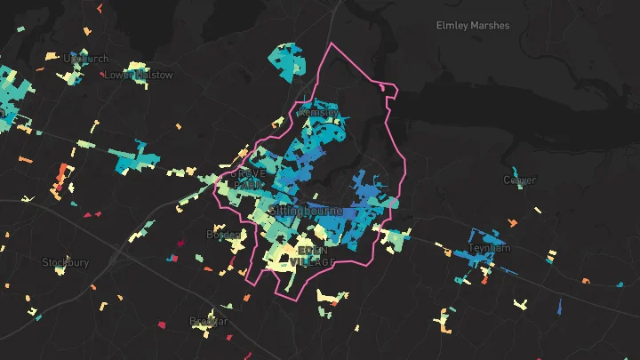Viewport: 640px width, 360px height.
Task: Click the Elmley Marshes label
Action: click(473, 26)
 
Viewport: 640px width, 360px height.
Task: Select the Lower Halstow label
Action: click(139, 76)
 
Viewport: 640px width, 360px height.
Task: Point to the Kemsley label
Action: click(318, 113)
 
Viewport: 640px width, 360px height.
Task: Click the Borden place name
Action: click(223, 235)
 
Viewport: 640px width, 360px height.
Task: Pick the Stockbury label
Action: click(66, 262)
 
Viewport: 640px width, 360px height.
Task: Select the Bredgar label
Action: click(209, 321)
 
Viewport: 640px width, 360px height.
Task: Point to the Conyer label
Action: click(520, 180)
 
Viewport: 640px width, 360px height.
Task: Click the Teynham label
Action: click(490, 249)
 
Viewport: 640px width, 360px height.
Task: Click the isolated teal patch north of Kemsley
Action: click(286, 61)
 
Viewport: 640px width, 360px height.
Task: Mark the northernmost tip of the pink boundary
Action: click(332, 43)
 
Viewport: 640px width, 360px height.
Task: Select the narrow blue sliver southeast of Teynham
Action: click(560, 307)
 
